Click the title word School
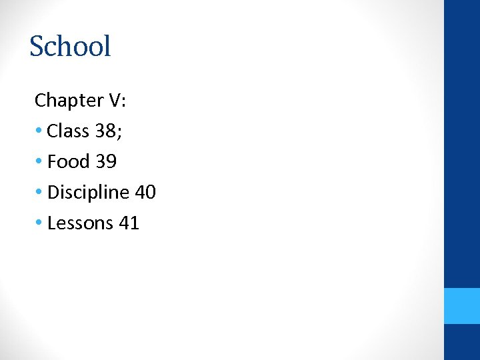point(70,47)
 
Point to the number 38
point(105,131)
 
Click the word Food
point(69,162)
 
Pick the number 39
point(106,162)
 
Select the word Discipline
point(88,193)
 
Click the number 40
point(145,193)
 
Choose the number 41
point(129,223)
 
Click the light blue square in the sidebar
point(461,306)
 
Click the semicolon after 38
point(119,133)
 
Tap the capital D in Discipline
point(53,193)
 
